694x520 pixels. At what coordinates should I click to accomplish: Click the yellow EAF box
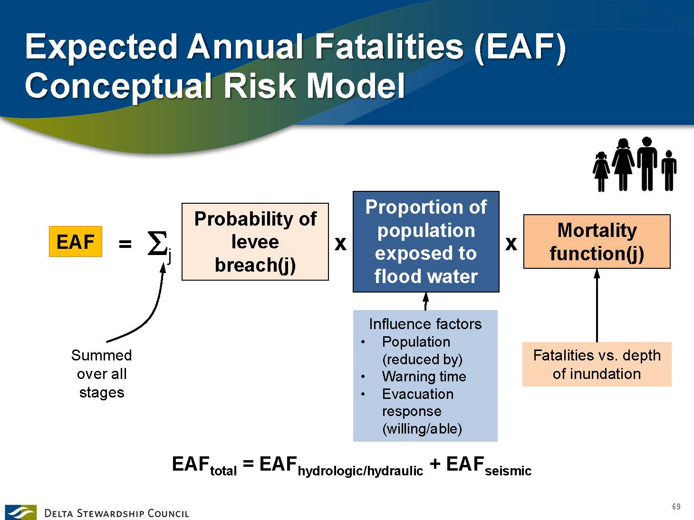pyautogui.click(x=76, y=242)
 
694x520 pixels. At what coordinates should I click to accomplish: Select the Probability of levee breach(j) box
pyautogui.click(x=255, y=242)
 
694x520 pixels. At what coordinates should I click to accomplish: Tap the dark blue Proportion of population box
pyautogui.click(x=426, y=242)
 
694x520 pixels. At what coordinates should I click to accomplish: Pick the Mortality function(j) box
pyautogui.click(x=597, y=242)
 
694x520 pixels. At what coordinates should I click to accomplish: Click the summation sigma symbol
pyautogui.click(x=157, y=244)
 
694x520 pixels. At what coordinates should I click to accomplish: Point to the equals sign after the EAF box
pyautogui.click(x=125, y=244)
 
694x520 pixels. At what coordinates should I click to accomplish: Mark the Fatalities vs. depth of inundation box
pyautogui.click(x=597, y=364)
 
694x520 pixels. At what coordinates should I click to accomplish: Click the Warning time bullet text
pyautogui.click(x=424, y=377)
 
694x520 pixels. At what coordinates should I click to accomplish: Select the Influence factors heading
pyautogui.click(x=425, y=324)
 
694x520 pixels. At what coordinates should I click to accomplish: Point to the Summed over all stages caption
pyautogui.click(x=101, y=374)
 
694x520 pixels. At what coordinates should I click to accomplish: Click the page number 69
pyautogui.click(x=676, y=507)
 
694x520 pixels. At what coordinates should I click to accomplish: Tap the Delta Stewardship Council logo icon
pyautogui.click(x=20, y=512)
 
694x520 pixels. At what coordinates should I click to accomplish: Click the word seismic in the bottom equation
pyautogui.click(x=508, y=471)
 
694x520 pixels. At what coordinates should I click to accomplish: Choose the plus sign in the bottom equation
pyautogui.click(x=434, y=464)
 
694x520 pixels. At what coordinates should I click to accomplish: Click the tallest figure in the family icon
pyautogui.click(x=646, y=164)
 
